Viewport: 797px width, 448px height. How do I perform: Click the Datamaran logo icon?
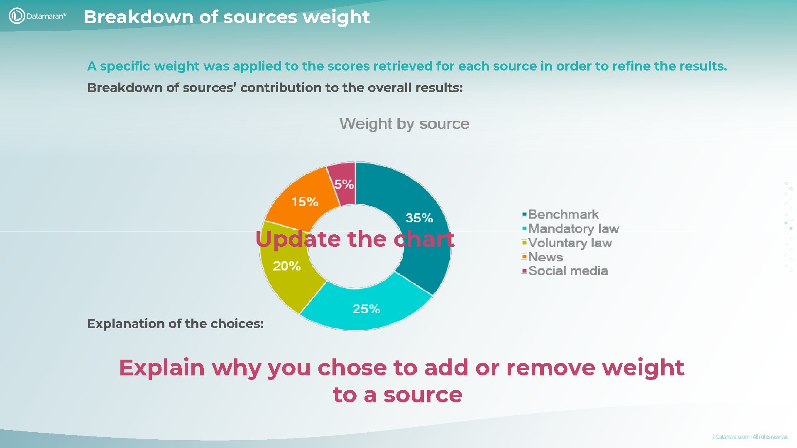tap(17, 16)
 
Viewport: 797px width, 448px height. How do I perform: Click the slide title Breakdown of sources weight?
tap(226, 17)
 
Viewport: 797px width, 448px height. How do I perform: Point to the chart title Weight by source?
tap(404, 124)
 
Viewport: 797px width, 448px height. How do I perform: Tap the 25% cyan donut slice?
tap(365, 307)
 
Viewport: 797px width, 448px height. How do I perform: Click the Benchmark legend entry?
tap(563, 214)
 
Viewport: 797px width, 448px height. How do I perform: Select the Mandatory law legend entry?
tap(573, 229)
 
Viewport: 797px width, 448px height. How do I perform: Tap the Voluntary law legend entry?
tap(570, 243)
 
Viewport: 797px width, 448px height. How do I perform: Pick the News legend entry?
tap(545, 257)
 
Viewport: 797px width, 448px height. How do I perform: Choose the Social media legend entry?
tap(567, 271)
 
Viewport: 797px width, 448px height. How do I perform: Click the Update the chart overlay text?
tap(355, 239)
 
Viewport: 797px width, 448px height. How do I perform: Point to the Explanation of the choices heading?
tap(175, 324)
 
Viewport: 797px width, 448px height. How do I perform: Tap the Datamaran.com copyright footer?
tap(750, 437)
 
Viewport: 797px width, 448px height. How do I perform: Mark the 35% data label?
tap(419, 218)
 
